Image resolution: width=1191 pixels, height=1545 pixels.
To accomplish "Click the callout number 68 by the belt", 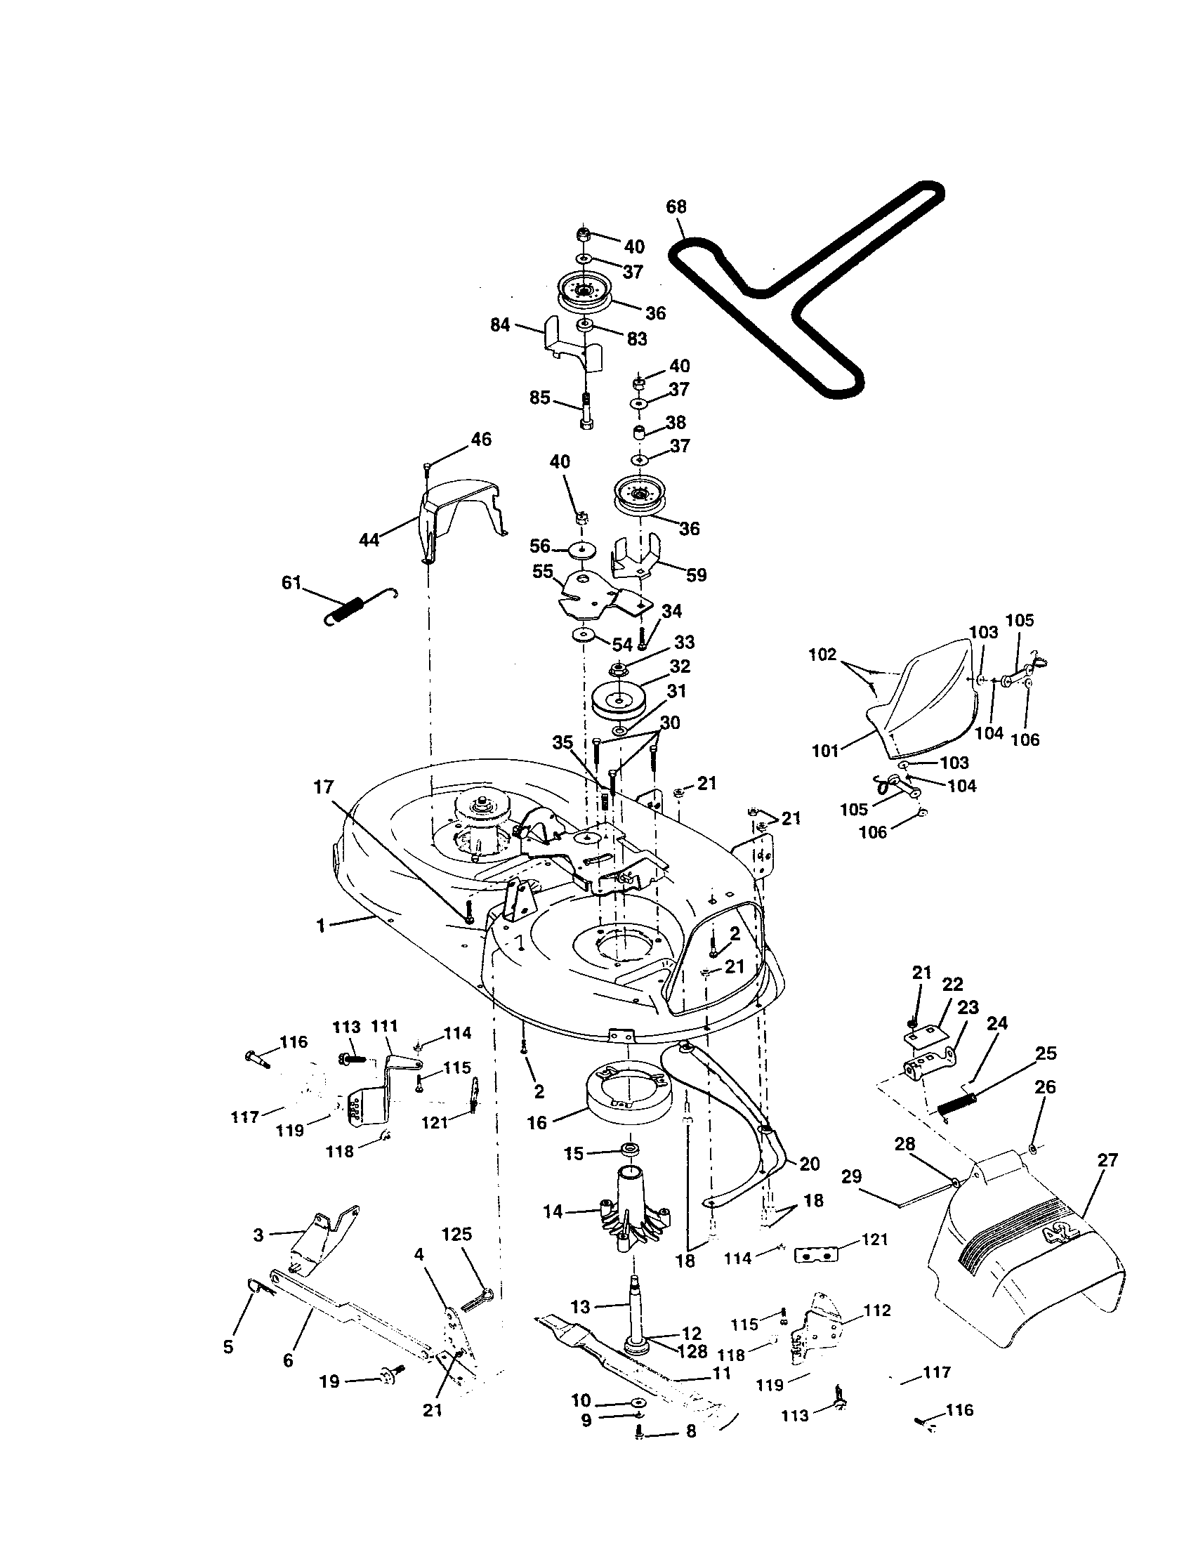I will tap(676, 207).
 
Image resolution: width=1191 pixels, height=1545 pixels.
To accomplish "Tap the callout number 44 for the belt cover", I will tap(369, 540).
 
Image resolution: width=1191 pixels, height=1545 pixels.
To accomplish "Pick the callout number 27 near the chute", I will tap(1107, 1160).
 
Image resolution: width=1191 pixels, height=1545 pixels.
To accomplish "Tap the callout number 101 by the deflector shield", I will tap(825, 750).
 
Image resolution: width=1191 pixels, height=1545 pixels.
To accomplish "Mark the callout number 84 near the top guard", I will tap(500, 326).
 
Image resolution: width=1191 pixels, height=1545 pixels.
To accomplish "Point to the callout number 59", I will tap(697, 574).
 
